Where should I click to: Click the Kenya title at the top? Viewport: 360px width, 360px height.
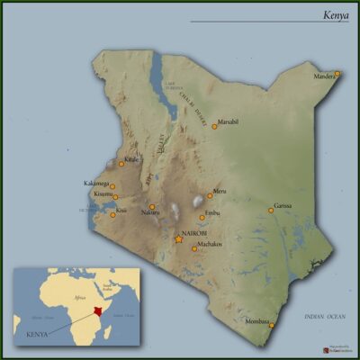pyautogui.click(x=336, y=15)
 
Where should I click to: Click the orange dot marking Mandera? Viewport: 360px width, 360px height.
pyautogui.click(x=337, y=73)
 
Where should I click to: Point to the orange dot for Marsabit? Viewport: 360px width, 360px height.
pyautogui.click(x=214, y=126)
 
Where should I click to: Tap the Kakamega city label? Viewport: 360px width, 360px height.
pyautogui.click(x=96, y=184)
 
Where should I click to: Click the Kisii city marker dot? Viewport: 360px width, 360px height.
pyautogui.click(x=112, y=215)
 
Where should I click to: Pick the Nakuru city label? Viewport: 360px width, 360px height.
pyautogui.click(x=149, y=213)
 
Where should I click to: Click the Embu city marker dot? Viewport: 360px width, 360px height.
pyautogui.click(x=202, y=217)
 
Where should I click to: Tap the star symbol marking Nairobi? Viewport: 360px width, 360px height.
pyautogui.click(x=178, y=239)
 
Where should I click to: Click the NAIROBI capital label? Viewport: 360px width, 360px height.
pyautogui.click(x=194, y=234)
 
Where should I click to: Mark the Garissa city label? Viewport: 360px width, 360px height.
pyautogui.click(x=283, y=206)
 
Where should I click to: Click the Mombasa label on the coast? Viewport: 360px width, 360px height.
pyautogui.click(x=257, y=321)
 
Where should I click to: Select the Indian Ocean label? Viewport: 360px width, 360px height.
pyautogui.click(x=324, y=317)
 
